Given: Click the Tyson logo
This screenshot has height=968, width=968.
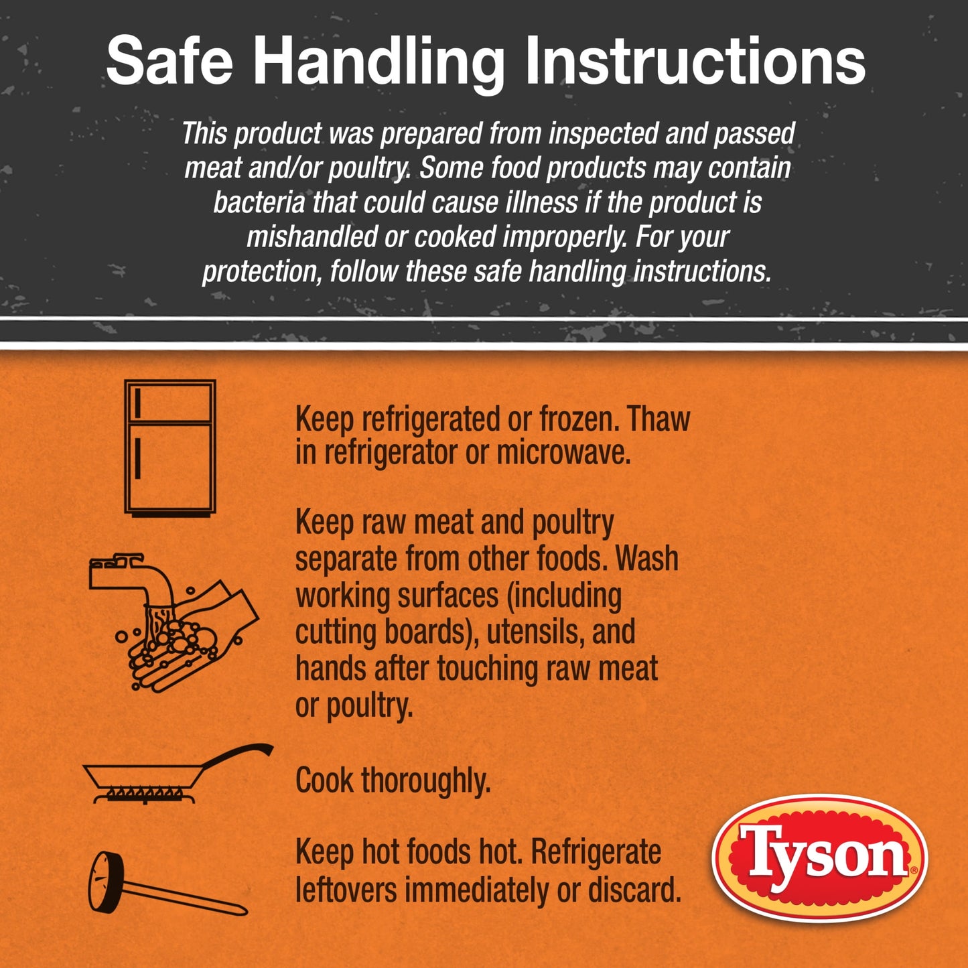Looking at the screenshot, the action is click(820, 859).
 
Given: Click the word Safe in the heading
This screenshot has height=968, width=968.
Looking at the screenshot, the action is click(169, 62).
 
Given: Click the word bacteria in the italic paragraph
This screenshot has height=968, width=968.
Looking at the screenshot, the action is click(259, 202).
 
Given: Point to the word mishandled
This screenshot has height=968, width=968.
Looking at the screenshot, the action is click(312, 236).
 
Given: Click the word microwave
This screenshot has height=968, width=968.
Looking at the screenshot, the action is click(563, 453).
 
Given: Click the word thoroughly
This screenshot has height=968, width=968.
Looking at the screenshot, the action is click(425, 781).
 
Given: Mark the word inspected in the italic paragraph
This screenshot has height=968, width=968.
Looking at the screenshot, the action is click(603, 133).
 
